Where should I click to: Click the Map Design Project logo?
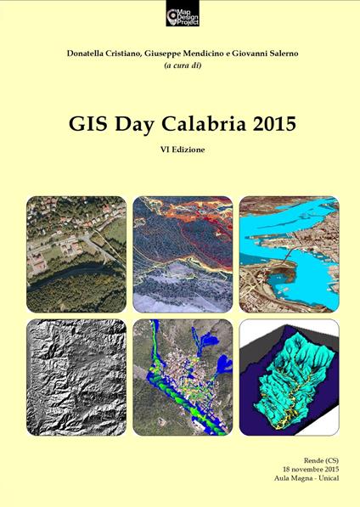coord(179,14)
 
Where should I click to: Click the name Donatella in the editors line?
coord(93,54)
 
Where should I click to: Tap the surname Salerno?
coord(273,54)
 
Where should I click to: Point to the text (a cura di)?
coord(180,67)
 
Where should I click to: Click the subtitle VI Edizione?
coord(180,149)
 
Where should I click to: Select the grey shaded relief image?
coord(76,375)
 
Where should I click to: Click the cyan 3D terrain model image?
coord(289,375)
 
